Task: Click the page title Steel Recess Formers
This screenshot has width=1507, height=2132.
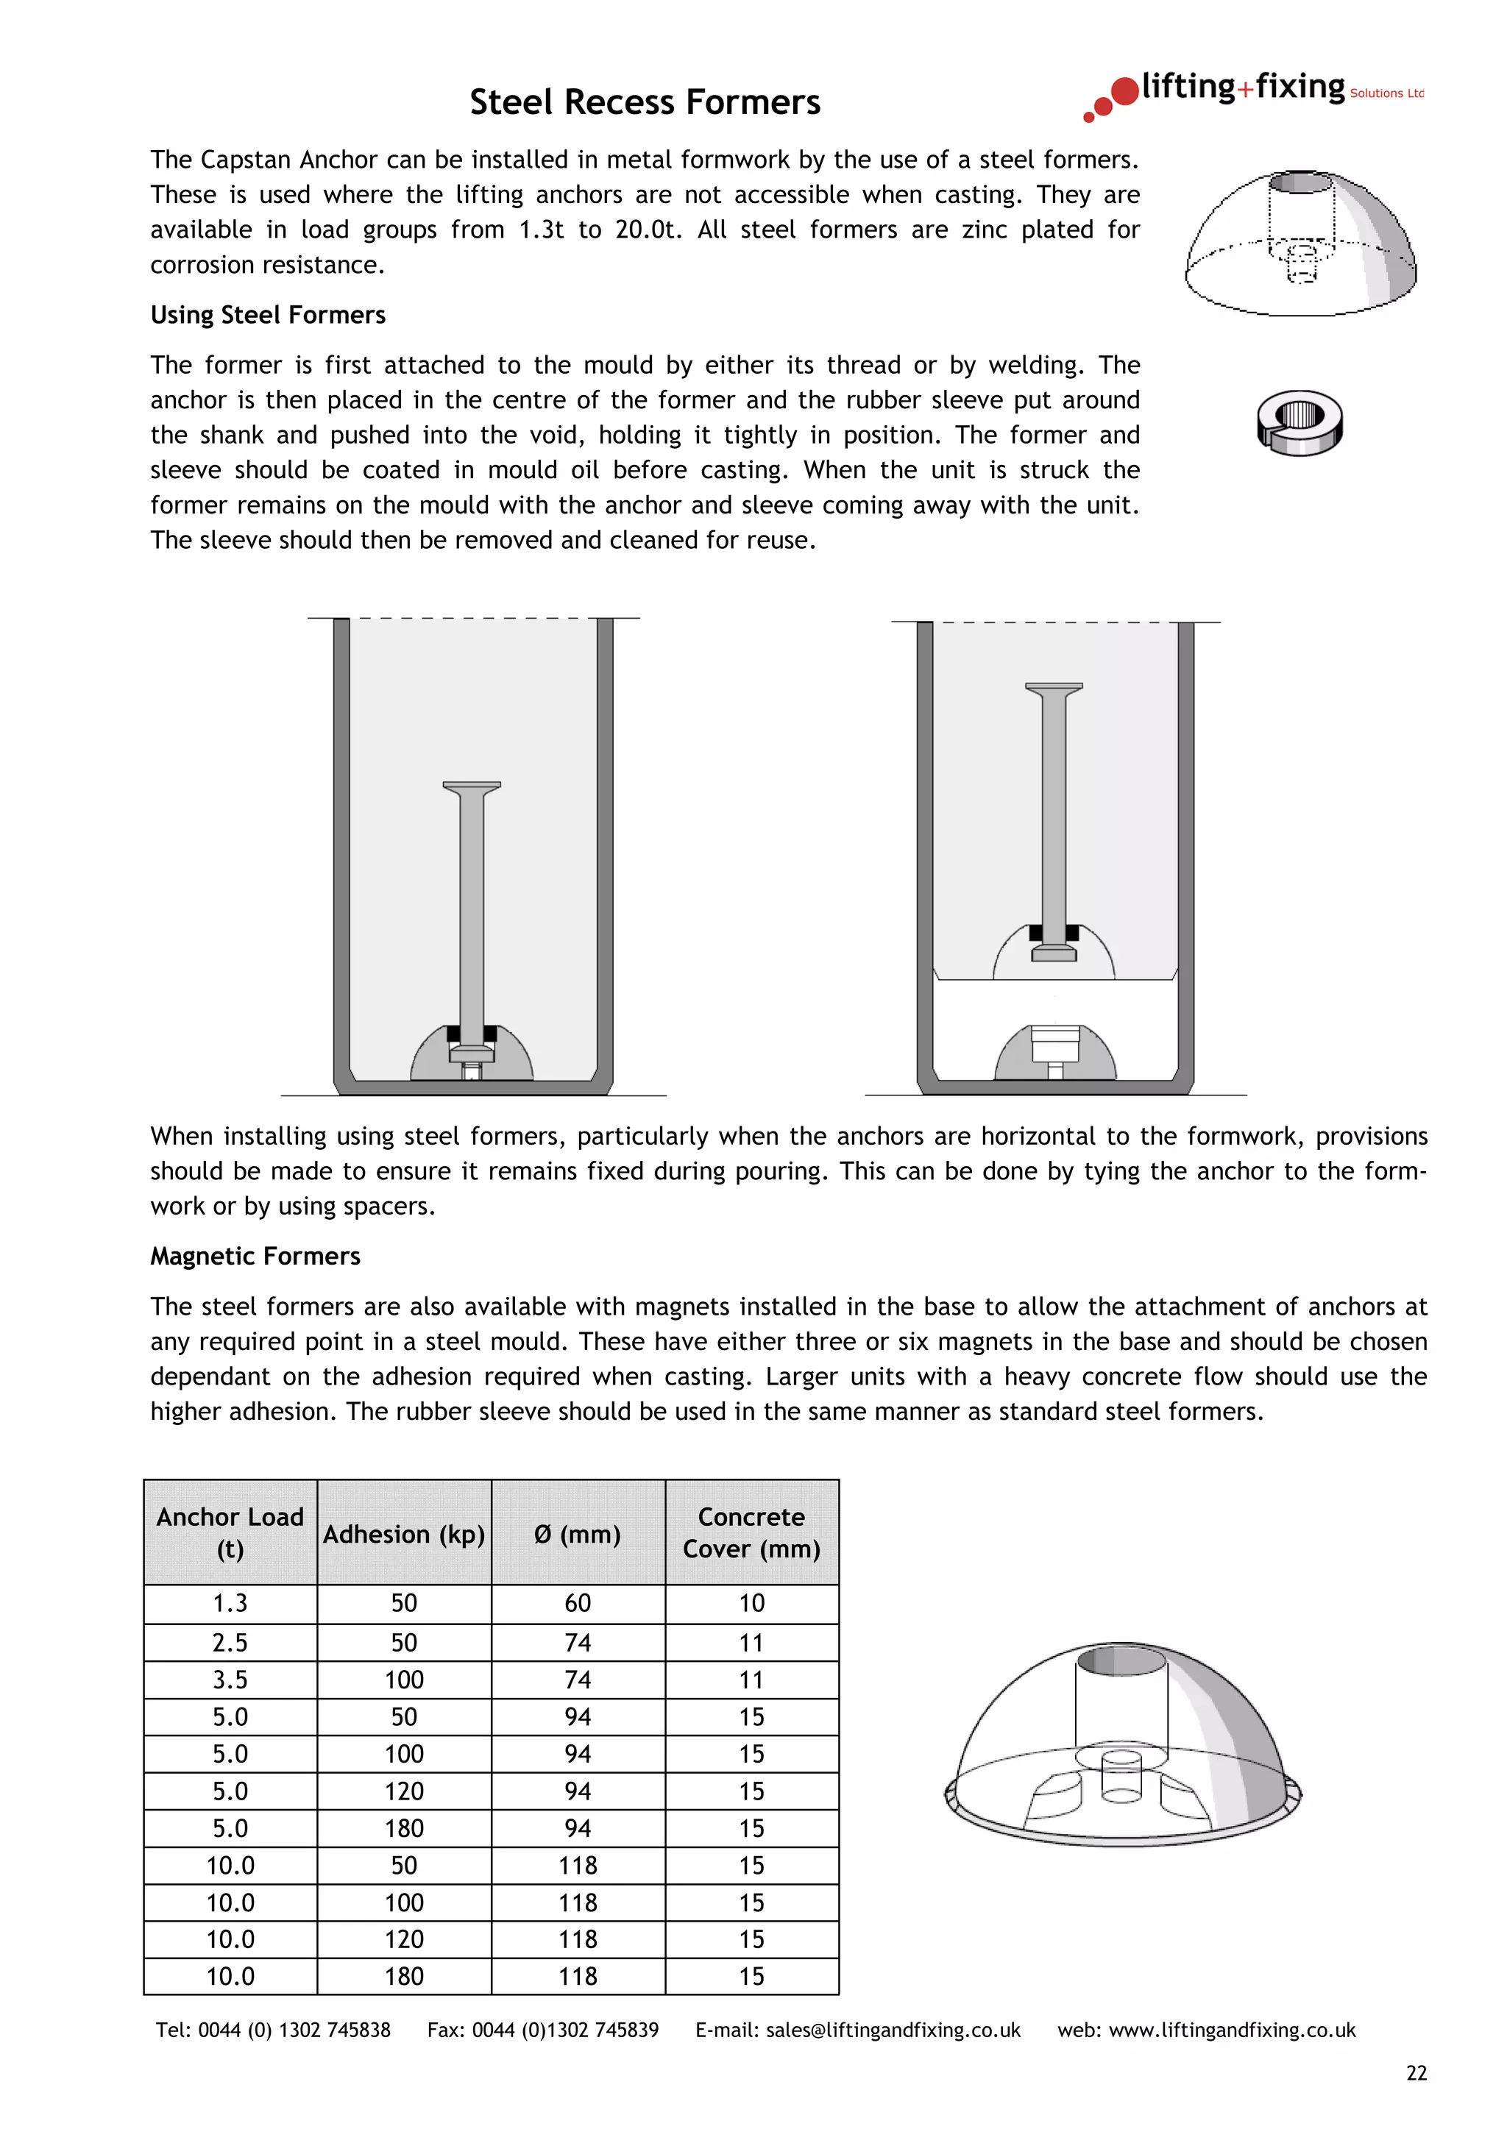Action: tap(645, 102)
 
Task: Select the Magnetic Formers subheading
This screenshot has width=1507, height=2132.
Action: tap(255, 1257)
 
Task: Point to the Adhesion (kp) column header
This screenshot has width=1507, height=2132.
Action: tap(404, 1534)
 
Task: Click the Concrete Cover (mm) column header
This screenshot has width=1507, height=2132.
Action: tap(751, 1533)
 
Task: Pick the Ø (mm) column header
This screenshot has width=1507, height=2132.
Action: tap(578, 1534)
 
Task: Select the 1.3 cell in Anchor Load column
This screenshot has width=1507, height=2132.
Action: tap(230, 1604)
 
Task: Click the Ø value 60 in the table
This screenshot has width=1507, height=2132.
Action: tap(578, 1604)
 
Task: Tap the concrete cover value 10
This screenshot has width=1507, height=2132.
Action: tap(751, 1604)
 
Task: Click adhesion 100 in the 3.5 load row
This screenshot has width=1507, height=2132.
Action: tap(404, 1680)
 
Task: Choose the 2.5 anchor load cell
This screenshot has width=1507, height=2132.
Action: tap(230, 1643)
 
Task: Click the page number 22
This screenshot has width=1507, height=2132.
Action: tap(1416, 2073)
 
